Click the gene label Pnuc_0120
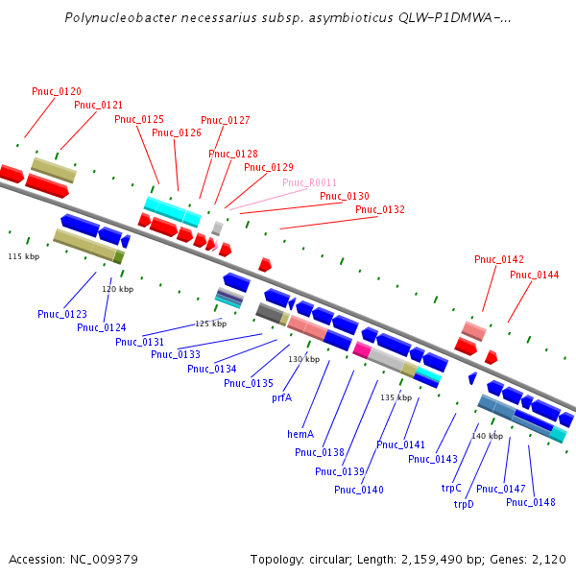click(x=56, y=91)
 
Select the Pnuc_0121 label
click(x=98, y=105)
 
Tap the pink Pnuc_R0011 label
click(x=309, y=182)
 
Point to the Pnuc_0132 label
click(x=380, y=209)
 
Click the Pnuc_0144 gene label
click(x=534, y=275)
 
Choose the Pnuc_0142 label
click(x=499, y=259)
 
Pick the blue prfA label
click(x=281, y=396)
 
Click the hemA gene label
click(x=300, y=434)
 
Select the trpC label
click(x=451, y=488)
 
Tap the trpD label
click(x=464, y=503)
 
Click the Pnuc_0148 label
click(x=531, y=502)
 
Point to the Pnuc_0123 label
click(x=62, y=314)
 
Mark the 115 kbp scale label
click(x=24, y=256)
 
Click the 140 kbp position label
click(x=487, y=436)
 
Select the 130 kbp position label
click(x=303, y=358)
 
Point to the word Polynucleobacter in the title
click(x=114, y=17)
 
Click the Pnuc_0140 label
click(x=359, y=490)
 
